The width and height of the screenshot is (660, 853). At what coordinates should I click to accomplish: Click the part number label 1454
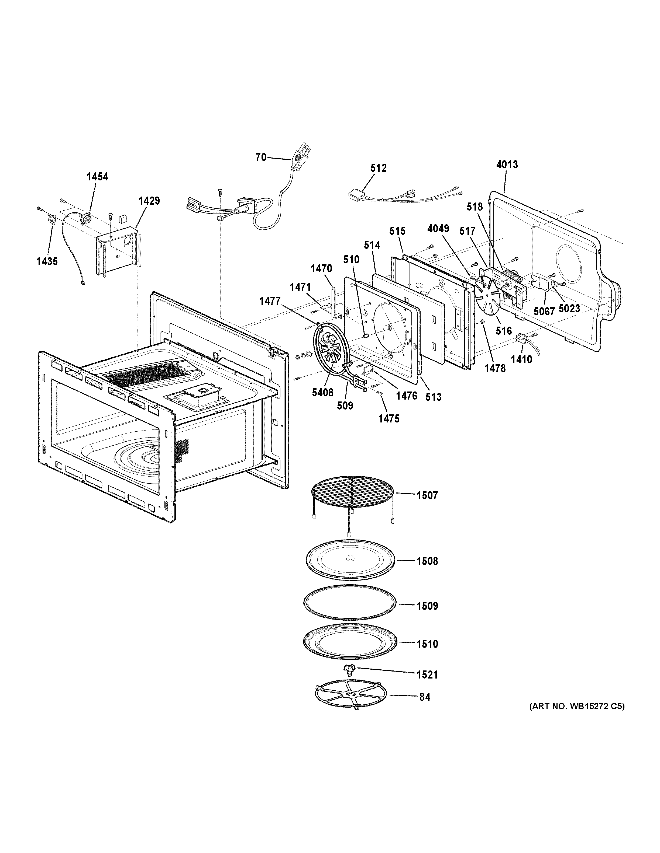click(x=97, y=177)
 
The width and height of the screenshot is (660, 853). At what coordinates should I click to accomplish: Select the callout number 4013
click(x=507, y=165)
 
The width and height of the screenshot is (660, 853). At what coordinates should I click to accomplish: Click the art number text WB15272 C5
click(x=577, y=717)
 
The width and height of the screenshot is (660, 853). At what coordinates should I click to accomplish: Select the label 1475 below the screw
click(x=389, y=418)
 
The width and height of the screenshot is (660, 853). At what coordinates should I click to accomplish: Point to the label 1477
click(x=270, y=301)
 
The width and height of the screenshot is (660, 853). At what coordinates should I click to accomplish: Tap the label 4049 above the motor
click(x=438, y=229)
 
